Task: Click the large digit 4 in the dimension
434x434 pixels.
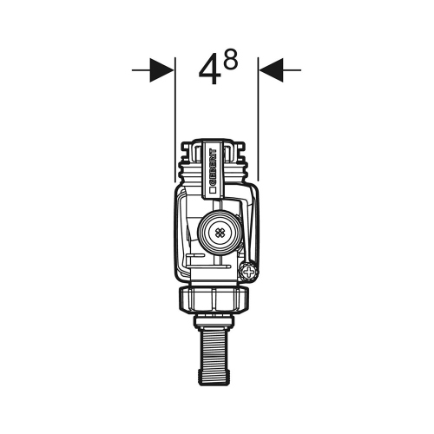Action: [210, 70]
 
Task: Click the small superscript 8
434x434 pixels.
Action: [231, 60]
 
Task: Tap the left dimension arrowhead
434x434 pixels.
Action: [162, 70]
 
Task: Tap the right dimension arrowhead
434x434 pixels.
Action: [271, 70]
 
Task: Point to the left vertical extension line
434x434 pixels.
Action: [175, 120]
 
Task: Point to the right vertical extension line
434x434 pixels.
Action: [258, 119]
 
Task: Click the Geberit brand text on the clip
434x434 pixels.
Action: [213, 168]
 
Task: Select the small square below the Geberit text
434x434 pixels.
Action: [213, 190]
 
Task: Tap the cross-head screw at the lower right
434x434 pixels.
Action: [248, 272]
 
